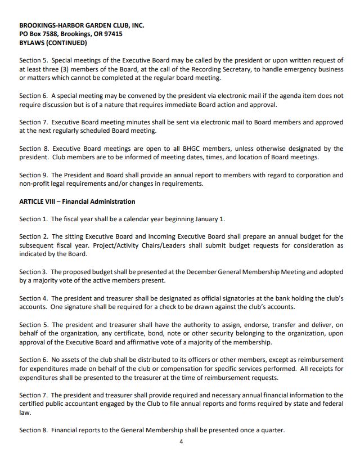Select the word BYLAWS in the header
pyautogui.click(x=31, y=42)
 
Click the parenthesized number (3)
pyautogui.click(x=63, y=69)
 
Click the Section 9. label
pyautogui.click(x=34, y=175)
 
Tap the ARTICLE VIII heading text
pyautogui.click(x=37, y=202)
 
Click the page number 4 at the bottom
pyautogui.click(x=181, y=441)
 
